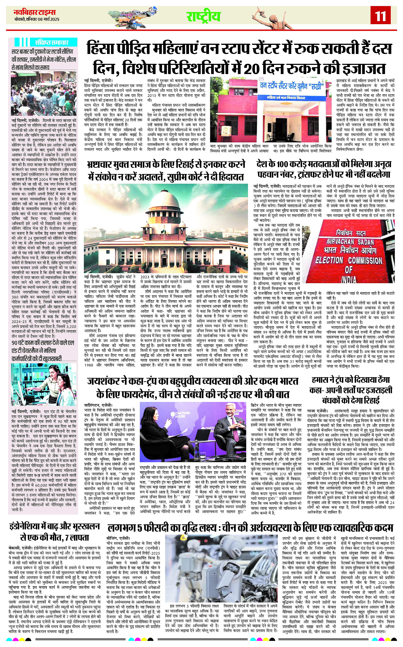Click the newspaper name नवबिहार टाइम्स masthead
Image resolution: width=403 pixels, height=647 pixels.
[35, 12]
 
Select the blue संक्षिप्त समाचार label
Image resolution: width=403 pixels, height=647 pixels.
[52, 42]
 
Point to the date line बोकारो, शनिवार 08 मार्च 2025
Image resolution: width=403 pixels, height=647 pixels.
[37, 19]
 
